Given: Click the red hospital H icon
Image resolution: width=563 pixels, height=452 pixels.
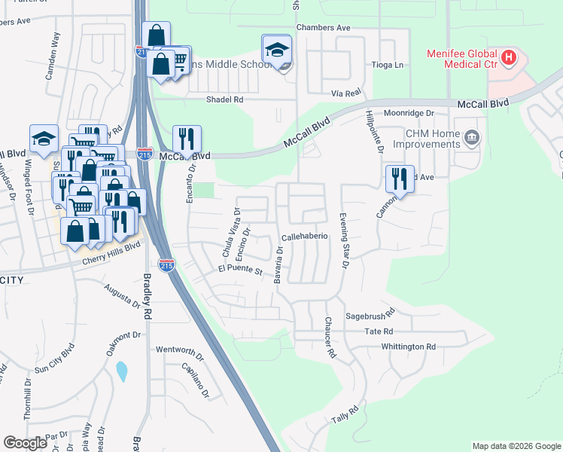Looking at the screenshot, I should tap(510, 56).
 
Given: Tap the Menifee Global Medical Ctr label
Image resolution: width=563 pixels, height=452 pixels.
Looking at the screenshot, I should tap(462, 60).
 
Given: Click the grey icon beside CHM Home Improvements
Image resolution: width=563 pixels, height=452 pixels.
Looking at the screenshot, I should tap(472, 137).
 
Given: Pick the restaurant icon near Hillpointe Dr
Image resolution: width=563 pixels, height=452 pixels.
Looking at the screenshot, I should tap(400, 179).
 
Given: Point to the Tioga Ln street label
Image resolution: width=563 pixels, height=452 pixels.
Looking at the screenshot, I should tap(388, 66).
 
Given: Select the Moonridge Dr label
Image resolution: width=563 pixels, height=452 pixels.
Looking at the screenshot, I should tap(409, 113).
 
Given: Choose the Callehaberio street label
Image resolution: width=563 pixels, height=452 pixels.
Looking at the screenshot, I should tap(305, 236).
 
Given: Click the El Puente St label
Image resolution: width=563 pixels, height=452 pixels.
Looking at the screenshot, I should tap(239, 270).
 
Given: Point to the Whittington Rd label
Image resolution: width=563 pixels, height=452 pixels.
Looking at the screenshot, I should tap(408, 347).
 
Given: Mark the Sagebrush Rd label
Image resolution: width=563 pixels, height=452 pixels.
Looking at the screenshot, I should tap(370, 316).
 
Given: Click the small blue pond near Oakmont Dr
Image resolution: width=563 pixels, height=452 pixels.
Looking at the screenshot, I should tap(122, 371).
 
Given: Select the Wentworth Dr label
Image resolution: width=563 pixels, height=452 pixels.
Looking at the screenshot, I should tap(180, 350).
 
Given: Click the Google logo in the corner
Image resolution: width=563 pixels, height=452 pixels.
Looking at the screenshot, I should tap(25, 443).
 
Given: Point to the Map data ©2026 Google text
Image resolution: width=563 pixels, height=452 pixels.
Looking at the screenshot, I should tap(516, 446).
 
